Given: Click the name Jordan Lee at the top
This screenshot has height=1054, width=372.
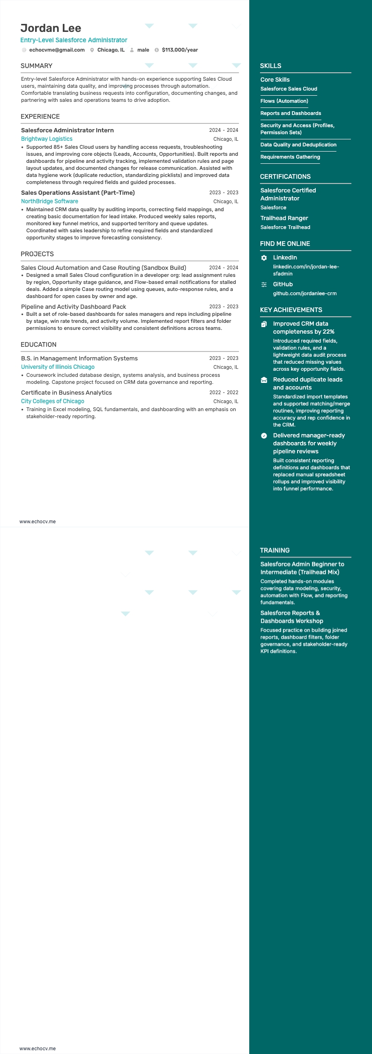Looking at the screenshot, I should pos(51,28).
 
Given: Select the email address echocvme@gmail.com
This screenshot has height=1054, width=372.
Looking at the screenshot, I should pos(57,50).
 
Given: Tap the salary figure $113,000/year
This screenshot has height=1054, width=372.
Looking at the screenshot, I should pos(179,50).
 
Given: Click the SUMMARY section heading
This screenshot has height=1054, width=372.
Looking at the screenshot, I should pos(37,66).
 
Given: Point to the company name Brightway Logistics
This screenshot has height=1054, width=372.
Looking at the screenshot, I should pos(47,139).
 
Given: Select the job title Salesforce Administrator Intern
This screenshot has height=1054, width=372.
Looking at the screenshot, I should pos(67,130).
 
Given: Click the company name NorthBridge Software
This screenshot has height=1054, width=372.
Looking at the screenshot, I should pos(50,201).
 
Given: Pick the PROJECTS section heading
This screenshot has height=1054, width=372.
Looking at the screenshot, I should pos(37,254).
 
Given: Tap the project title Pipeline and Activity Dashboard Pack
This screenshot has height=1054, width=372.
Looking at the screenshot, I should pos(74,307).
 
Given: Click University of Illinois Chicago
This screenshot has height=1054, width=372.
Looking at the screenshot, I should pos(58,367).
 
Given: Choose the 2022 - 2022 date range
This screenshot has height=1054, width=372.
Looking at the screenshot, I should pos(223,392).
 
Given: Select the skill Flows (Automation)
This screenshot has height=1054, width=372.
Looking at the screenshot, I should pos(284,101).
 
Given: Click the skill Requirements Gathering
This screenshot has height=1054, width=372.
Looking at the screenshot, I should pos(290,157).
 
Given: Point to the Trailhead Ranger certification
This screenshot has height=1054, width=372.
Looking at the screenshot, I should pos(284,218).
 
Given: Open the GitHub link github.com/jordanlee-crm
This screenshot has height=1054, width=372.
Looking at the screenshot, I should pos(305,293).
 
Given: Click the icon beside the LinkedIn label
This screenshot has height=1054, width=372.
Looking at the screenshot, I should pos(264,258).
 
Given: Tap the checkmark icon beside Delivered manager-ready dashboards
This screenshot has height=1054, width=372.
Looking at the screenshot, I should pos(264,435).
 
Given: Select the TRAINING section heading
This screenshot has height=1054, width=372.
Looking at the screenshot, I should pos(275,550).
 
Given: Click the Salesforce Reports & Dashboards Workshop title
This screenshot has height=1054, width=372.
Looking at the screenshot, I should pos(291,617).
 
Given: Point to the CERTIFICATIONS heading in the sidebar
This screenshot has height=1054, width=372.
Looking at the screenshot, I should pos(285,176).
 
